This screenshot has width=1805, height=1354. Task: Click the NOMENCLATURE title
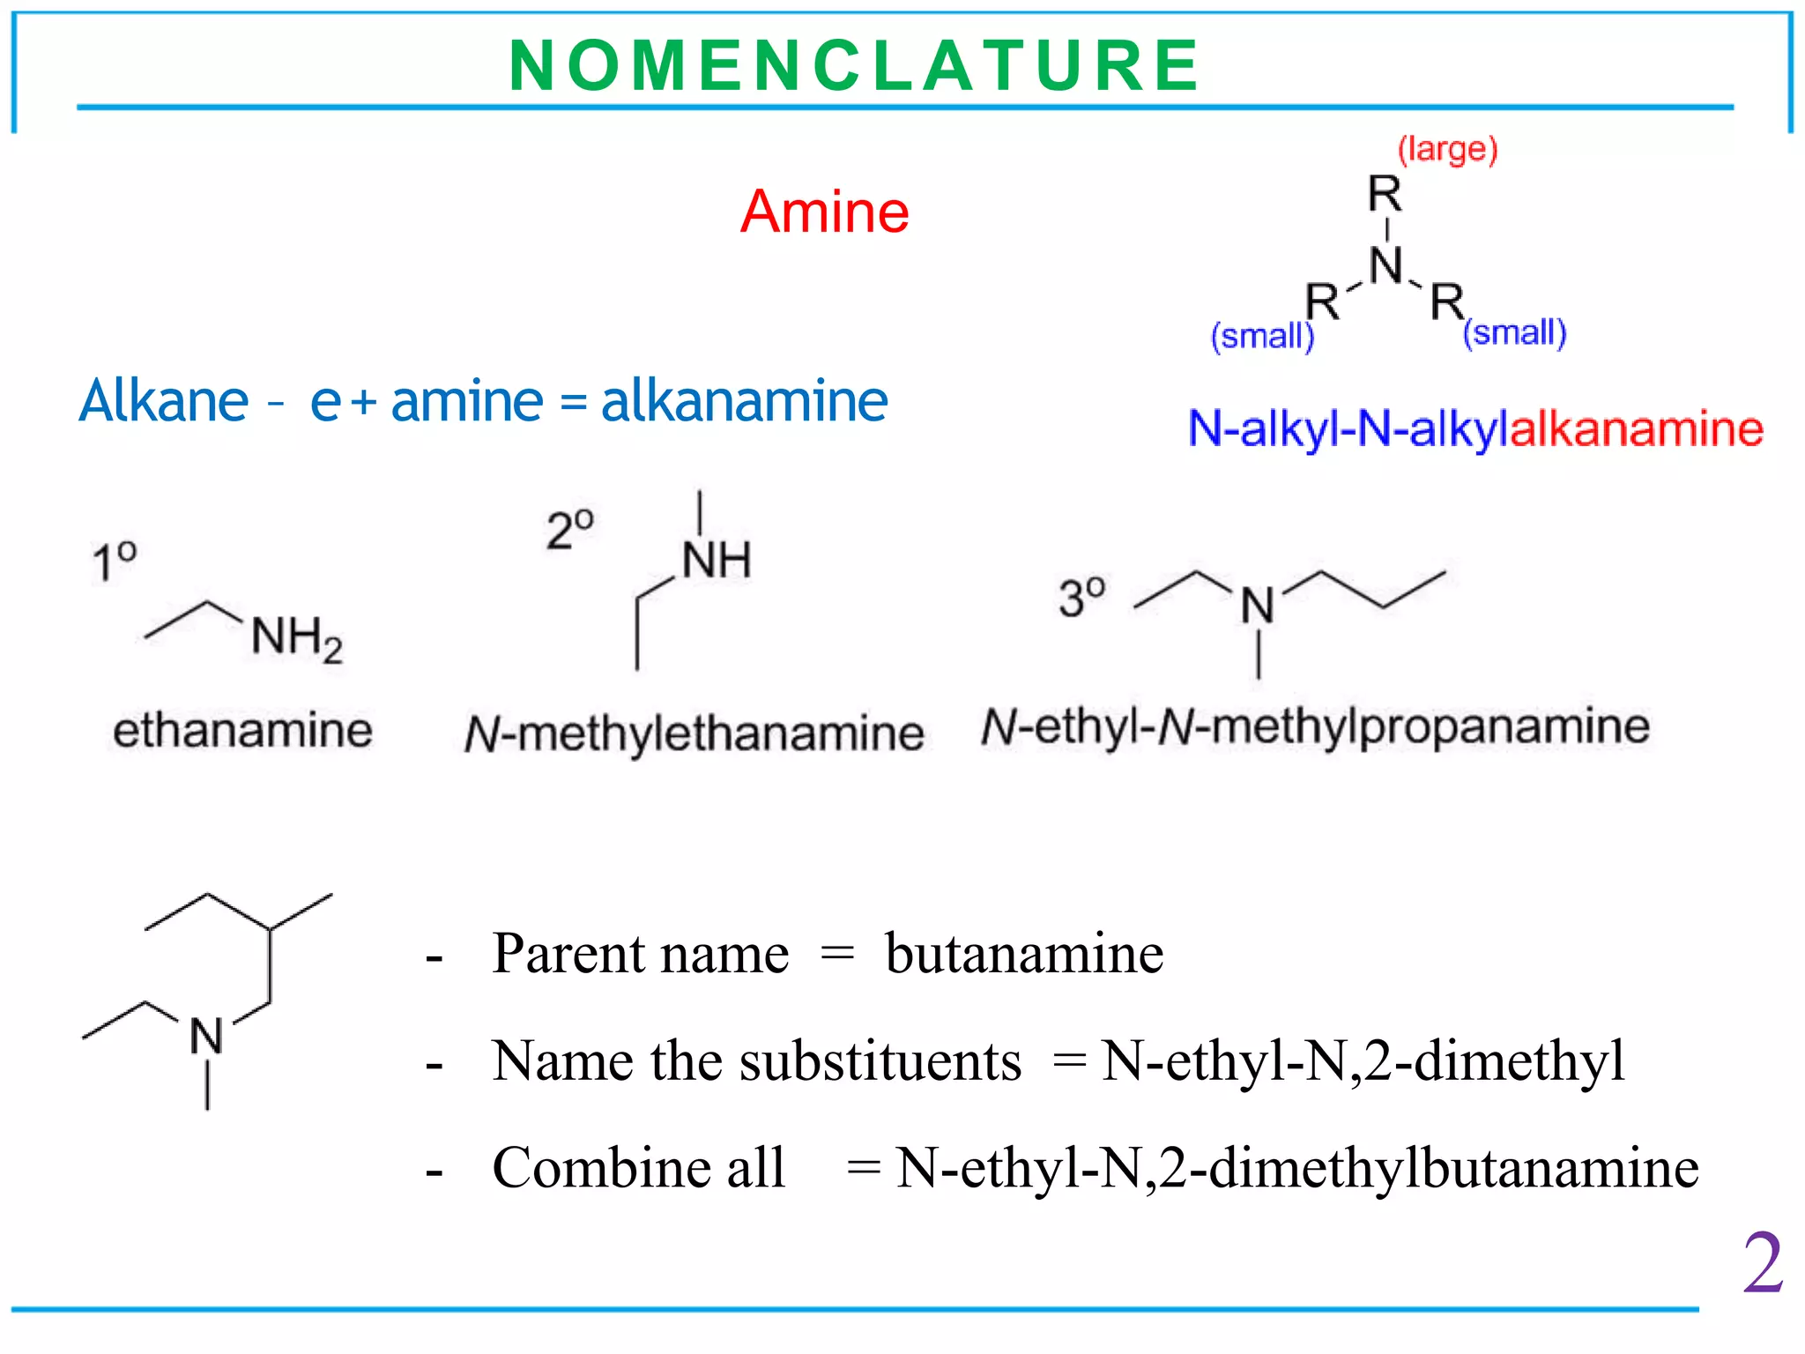853,66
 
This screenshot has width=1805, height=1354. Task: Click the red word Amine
824,212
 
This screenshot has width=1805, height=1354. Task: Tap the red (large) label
1447,150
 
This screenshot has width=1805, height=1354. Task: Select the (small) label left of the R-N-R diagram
1262,336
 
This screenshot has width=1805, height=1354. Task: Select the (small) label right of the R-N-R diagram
1514,333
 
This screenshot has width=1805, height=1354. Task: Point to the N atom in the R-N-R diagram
1385,265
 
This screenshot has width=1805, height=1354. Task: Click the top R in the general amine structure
1385,193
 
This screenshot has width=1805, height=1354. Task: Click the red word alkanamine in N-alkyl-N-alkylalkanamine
1636,429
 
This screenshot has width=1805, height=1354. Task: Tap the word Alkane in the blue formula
164,401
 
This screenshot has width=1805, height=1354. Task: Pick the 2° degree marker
569,530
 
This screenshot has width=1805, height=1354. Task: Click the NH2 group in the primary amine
295,637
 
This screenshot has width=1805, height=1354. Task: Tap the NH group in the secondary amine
716,561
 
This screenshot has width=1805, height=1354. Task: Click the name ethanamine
242,731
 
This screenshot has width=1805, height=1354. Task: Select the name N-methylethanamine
694,733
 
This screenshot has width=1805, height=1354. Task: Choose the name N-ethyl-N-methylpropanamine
1315,728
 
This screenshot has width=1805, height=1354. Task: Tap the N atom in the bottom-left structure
207,1036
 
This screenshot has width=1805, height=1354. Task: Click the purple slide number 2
1762,1263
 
